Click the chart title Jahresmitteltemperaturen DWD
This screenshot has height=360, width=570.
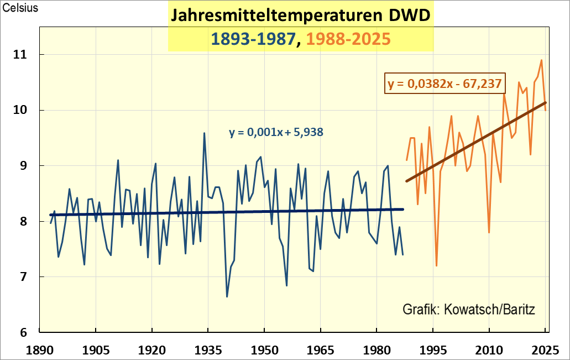[300, 15]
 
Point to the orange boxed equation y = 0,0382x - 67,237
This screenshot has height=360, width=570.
[445, 84]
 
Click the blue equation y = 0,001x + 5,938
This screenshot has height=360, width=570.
[276, 132]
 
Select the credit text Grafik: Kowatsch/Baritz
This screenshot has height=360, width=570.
[468, 309]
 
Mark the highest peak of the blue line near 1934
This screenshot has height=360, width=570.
[204, 133]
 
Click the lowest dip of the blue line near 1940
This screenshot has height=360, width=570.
[227, 297]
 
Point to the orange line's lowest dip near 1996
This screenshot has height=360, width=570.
[437, 266]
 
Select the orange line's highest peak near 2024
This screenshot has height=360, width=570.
[541, 60]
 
